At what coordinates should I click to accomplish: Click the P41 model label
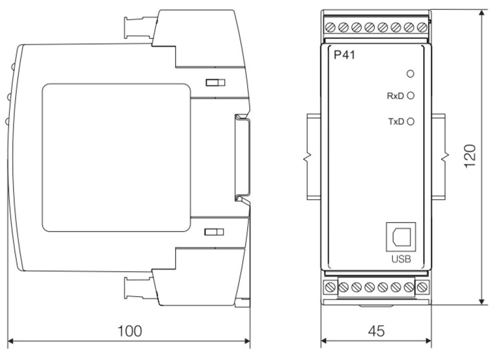[345, 55]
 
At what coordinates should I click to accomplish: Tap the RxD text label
[395, 96]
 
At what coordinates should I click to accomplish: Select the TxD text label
[396, 122]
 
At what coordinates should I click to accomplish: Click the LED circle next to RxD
[411, 96]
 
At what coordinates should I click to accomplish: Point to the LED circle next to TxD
[411, 122]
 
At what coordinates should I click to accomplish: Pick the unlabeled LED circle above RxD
[410, 74]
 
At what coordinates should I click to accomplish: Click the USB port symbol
[401, 237]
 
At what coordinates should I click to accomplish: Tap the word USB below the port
[401, 259]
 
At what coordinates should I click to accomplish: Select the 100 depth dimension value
[130, 331]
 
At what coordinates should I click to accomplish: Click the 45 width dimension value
[376, 331]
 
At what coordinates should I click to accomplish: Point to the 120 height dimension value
[470, 156]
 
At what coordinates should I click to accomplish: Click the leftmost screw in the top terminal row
[330, 27]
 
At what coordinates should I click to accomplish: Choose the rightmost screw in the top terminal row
[422, 27]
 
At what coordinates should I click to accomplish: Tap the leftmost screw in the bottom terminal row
[330, 287]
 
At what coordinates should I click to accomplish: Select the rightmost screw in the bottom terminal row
[422, 287]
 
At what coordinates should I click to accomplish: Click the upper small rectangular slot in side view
[215, 82]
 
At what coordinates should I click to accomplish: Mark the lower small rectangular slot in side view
[214, 232]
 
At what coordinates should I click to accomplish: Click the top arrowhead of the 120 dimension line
[482, 13]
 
